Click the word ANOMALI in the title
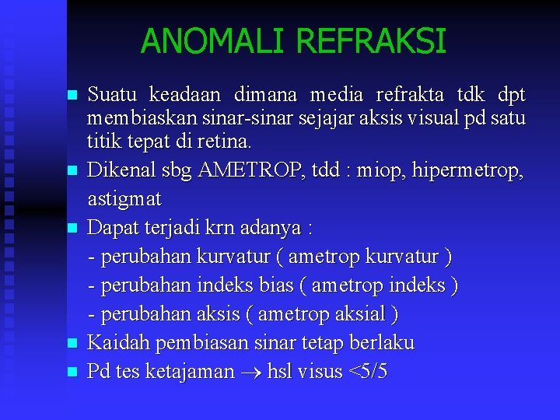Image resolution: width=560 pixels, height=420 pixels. pos(206,41)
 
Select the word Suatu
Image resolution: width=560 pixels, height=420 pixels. pos(114,96)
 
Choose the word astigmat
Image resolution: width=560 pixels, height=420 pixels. pos(124,199)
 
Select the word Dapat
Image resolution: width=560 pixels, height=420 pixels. pos(111,228)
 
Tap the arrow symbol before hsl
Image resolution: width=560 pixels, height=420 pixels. pos(252,373)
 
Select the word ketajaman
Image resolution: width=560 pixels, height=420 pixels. pos(194,372)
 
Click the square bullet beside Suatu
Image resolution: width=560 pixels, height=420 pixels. pos(72,96)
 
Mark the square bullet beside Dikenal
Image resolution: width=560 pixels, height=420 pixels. pos(72,170)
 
